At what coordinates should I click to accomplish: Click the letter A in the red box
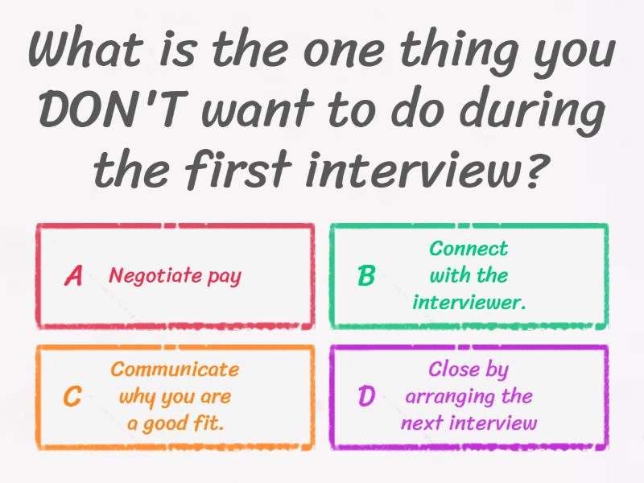point(73,276)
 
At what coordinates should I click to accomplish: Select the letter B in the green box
point(366,276)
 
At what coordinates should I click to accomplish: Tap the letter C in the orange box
point(72,396)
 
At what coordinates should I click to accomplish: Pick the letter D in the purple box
point(366,396)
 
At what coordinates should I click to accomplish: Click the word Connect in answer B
point(469,249)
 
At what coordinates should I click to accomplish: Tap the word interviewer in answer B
point(468,302)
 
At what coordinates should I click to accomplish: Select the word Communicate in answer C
point(175,369)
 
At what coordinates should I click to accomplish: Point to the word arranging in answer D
point(445,397)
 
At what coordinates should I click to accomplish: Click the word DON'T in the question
point(110,111)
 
